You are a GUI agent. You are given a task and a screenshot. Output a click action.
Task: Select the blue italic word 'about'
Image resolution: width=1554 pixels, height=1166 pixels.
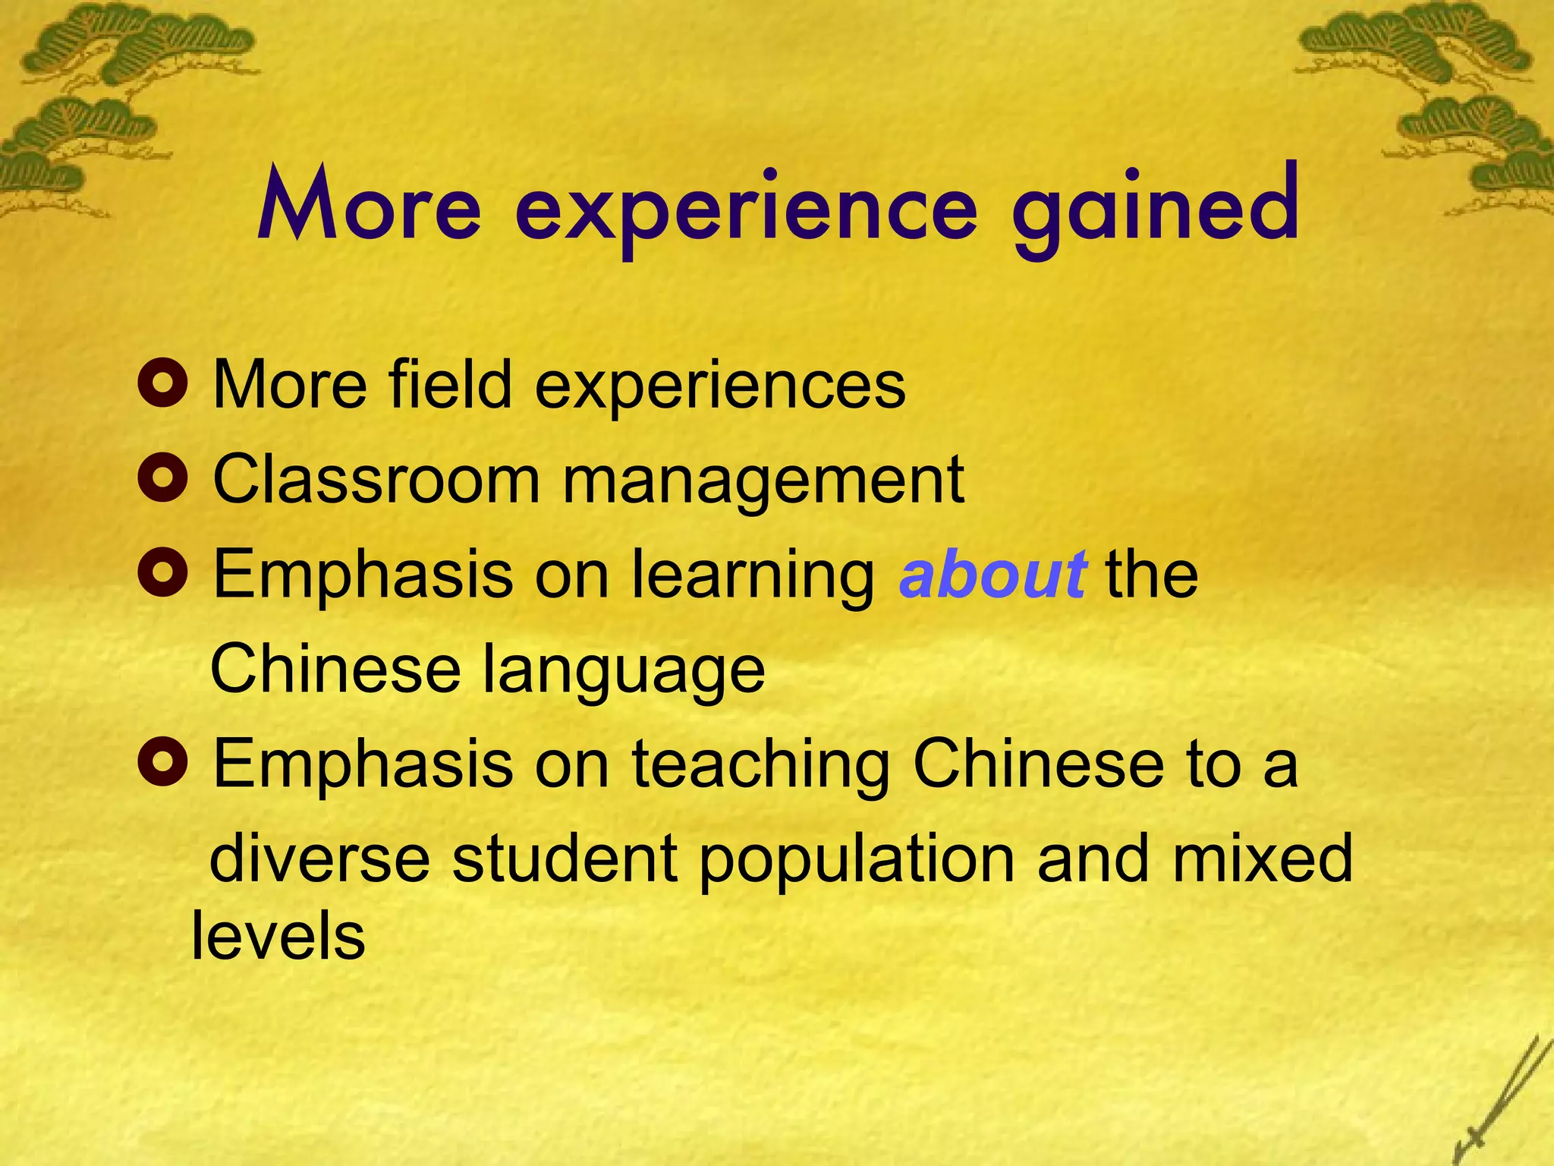coord(992,575)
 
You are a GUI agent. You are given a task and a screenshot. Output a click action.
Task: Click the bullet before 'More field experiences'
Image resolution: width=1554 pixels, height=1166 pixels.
coord(163,384)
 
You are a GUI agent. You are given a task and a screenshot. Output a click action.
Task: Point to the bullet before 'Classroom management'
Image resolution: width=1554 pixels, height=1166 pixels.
coord(163,479)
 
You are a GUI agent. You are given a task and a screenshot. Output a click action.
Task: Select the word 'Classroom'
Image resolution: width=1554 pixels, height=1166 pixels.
coord(376,479)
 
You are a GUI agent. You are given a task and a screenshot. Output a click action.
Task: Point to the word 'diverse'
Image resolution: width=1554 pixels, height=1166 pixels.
coord(319,859)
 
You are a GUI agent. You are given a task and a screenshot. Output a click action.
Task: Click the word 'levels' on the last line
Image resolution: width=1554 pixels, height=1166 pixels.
coord(278,936)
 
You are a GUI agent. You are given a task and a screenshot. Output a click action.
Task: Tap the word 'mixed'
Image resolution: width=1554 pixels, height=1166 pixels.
coord(1263,859)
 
